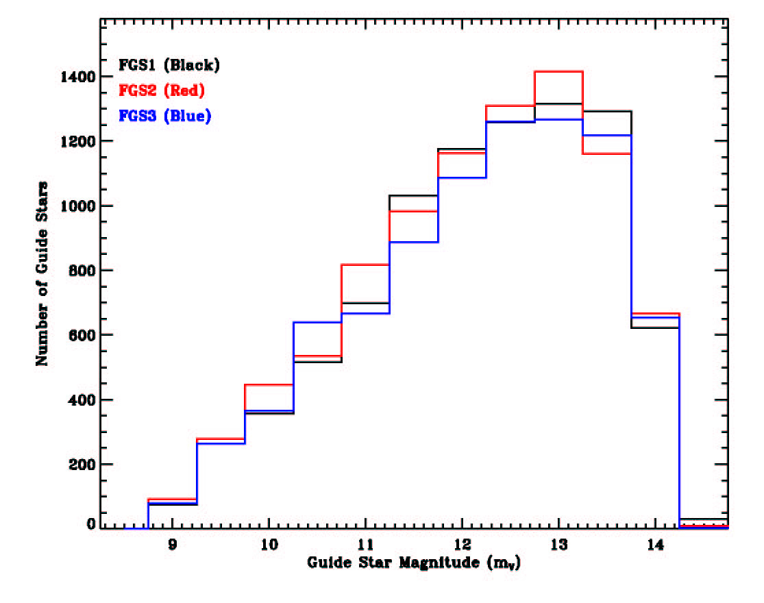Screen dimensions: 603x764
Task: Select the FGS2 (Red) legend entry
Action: pos(162,90)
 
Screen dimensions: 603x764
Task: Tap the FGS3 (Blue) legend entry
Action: pos(164,116)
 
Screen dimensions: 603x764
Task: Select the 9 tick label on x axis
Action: pos(173,545)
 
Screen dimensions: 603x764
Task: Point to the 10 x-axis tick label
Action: pos(269,545)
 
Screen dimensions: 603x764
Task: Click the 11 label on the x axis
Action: pos(366,545)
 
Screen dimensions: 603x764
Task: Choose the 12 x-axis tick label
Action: pos(463,545)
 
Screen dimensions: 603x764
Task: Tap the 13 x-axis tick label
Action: pos(559,545)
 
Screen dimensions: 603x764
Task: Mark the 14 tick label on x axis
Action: pos(656,545)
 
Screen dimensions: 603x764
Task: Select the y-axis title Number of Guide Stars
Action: pos(42,273)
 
